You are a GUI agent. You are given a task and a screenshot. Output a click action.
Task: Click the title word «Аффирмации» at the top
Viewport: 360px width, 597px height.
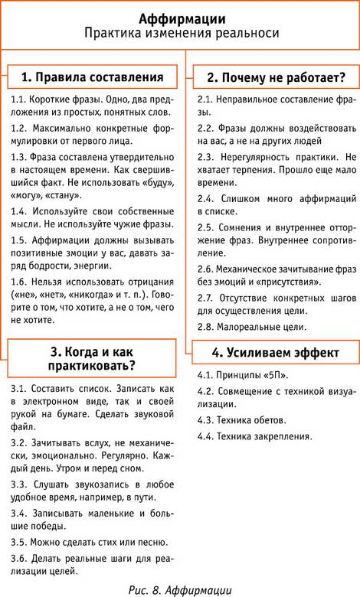point(182,18)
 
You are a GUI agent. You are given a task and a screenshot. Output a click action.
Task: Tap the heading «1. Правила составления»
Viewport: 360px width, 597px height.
point(92,77)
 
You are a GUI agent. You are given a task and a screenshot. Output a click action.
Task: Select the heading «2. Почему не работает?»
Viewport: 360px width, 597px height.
point(277,77)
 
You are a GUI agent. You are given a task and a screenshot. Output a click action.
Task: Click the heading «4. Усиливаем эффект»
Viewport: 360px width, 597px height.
point(276,353)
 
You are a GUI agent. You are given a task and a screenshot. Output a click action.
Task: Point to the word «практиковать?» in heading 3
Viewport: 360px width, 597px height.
point(92,367)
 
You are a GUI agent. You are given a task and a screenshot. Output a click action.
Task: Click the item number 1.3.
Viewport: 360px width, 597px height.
point(18,157)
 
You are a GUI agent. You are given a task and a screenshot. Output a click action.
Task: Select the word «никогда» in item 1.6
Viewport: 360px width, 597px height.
point(77,295)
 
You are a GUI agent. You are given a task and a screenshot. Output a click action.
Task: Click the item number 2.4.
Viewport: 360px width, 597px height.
point(206,199)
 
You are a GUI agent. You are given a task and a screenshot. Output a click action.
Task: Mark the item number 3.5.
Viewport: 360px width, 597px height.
point(18,542)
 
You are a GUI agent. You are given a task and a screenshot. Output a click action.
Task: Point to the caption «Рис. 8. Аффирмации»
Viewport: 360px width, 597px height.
point(180,590)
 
